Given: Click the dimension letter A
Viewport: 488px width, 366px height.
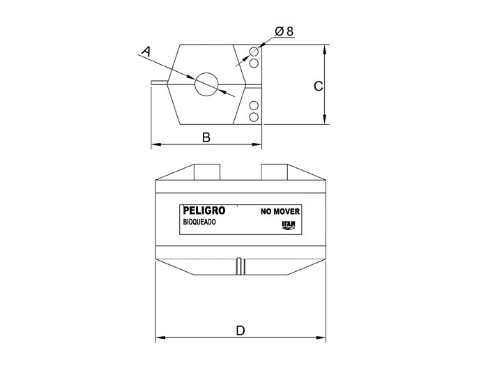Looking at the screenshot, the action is coord(146,52).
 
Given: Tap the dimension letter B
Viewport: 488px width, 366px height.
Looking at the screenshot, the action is coord(206,137).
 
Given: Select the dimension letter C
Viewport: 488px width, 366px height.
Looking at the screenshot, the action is coord(318,86).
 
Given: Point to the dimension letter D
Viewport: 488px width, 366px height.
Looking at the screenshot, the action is coord(241,330).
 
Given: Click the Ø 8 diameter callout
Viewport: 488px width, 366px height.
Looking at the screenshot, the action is coord(284,31).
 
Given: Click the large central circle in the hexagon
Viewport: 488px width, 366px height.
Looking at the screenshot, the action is coord(206,84).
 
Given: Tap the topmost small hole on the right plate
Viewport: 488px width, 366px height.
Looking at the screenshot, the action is coord(254,52).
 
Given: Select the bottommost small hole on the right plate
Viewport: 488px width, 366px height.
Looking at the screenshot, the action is coord(254,117).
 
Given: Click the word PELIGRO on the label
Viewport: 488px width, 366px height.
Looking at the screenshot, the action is coord(204,211).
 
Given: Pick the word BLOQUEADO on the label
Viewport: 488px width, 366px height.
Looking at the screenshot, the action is coord(199,222).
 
